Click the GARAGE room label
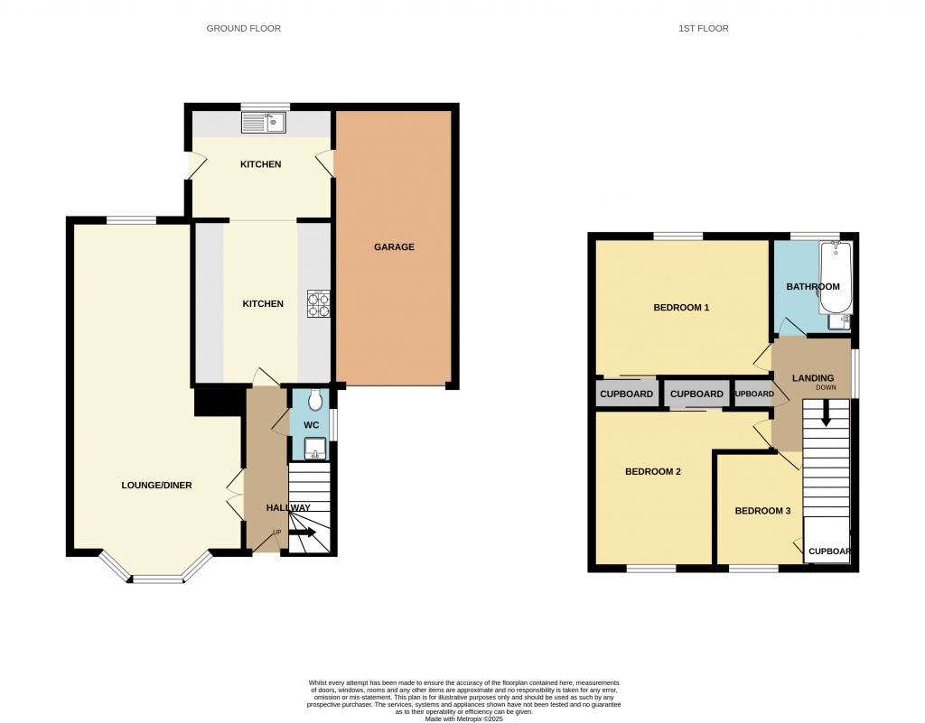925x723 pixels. coord(394,246)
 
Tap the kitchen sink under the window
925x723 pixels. coord(264,121)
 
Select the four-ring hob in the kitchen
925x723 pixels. coord(319,302)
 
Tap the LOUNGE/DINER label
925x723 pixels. coord(156,485)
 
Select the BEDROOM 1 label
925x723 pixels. coord(681,308)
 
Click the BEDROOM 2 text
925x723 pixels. coord(653,471)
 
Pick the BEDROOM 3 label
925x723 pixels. coord(762,511)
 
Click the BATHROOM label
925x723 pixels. coord(812,287)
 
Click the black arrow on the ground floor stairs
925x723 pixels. coord(303,533)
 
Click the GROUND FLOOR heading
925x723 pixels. coord(244,29)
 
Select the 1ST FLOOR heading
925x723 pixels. coord(704,29)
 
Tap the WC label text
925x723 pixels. coord(311,424)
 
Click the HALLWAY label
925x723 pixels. coord(287,508)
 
